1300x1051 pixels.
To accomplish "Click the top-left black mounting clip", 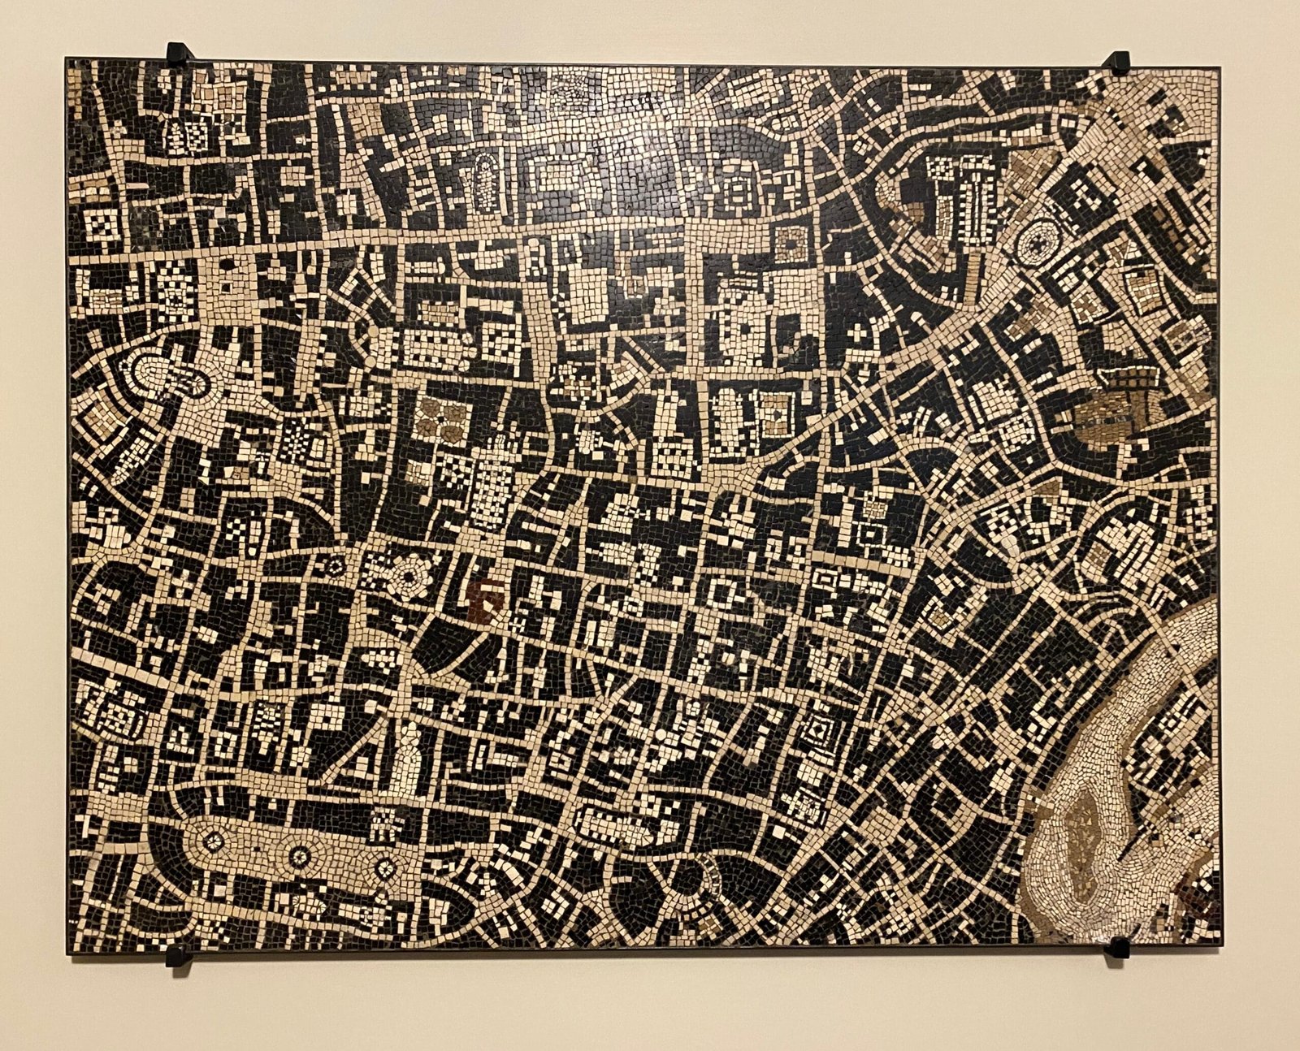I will pos(179,51).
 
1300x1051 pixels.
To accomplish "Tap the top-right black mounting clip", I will pos(1119,62).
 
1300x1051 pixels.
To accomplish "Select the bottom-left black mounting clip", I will pos(179,956).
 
